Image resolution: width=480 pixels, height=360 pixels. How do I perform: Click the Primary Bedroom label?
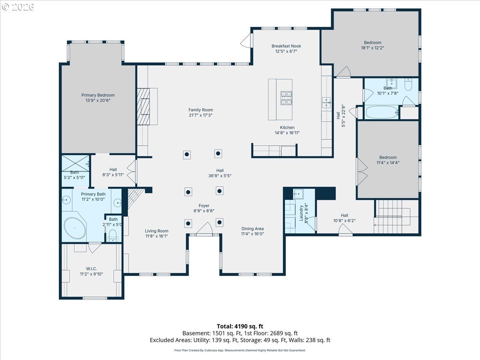pos(98,95)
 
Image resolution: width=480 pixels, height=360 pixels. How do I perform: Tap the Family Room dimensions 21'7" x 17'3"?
pos(201,115)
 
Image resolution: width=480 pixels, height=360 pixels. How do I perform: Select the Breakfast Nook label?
pos(286,46)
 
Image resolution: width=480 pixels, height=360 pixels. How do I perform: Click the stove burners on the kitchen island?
pos(286,98)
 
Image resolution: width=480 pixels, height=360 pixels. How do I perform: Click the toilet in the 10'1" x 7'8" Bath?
pos(408,84)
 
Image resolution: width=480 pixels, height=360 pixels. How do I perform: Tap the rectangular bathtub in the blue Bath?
pos(382,112)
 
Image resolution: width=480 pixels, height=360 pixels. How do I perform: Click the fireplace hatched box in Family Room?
pos(144,106)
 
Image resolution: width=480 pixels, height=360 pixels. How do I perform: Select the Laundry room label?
pos(301,213)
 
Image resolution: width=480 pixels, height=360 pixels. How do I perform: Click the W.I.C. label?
pos(92,269)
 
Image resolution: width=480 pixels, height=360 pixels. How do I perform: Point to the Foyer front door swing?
pos(204,228)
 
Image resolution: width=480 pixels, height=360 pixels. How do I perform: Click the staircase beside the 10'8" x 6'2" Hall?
pos(396,216)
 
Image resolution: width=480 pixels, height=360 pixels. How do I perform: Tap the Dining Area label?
pos(252,229)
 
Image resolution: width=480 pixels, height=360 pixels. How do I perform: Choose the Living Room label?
pos(156,231)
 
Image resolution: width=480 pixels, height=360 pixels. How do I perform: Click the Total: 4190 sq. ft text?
pos(240,326)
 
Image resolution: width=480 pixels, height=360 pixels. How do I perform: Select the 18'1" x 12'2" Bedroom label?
pos(373,43)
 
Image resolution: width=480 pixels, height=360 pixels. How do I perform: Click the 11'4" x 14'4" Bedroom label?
pos(388,157)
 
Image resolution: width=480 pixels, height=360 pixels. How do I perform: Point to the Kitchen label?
pos(287,128)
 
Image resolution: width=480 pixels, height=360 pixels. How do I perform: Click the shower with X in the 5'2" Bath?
pos(76,163)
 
